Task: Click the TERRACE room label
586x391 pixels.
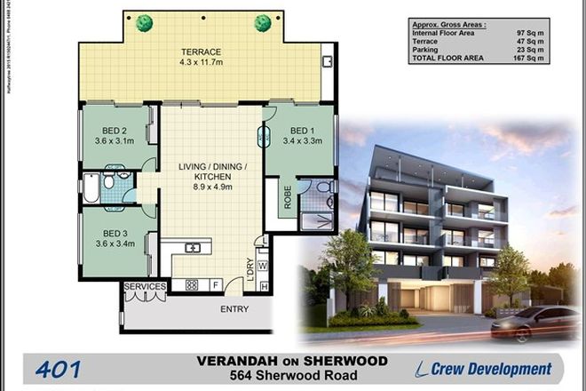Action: pyautogui.click(x=202, y=52)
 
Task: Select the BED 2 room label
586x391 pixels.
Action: pyautogui.click(x=113, y=126)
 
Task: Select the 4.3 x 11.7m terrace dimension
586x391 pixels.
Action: pyautogui.click(x=202, y=64)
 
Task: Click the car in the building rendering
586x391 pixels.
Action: pyautogui.click(x=536, y=322)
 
